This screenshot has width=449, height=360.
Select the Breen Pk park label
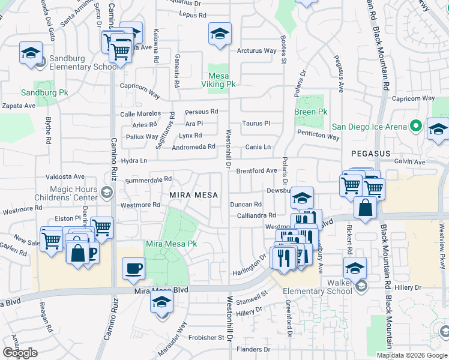(x=310, y=112)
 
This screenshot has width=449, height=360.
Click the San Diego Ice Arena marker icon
(x=415, y=127)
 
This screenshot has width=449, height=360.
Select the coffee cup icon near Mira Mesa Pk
(x=133, y=268)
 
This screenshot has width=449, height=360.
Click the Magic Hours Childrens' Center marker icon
(x=106, y=193)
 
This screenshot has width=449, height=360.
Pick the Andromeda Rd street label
(x=193, y=147)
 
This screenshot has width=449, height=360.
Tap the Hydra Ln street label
(x=134, y=161)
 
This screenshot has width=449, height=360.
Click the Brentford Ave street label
(x=256, y=170)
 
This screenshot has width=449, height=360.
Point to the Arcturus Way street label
(x=256, y=51)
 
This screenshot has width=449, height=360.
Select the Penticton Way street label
(x=318, y=136)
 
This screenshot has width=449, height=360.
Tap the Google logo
(x=20, y=353)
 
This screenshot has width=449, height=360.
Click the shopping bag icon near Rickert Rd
(x=365, y=208)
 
